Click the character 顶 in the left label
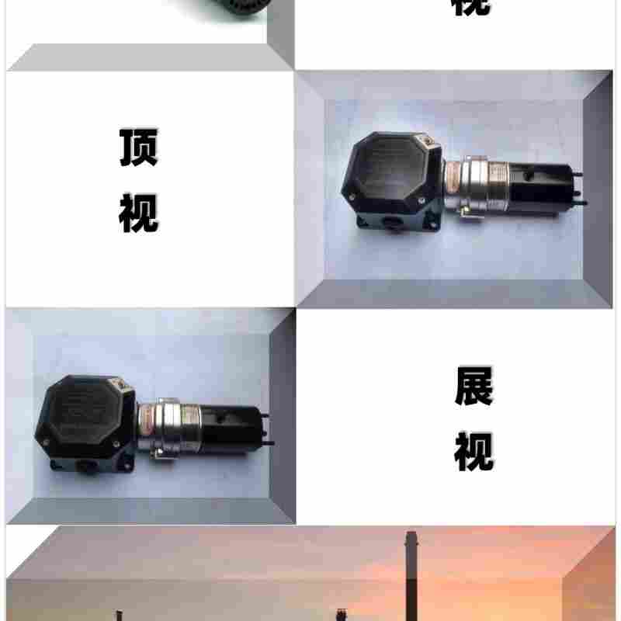pos(138,147)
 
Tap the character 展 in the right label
pos(474,386)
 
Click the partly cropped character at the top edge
pos(470,6)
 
